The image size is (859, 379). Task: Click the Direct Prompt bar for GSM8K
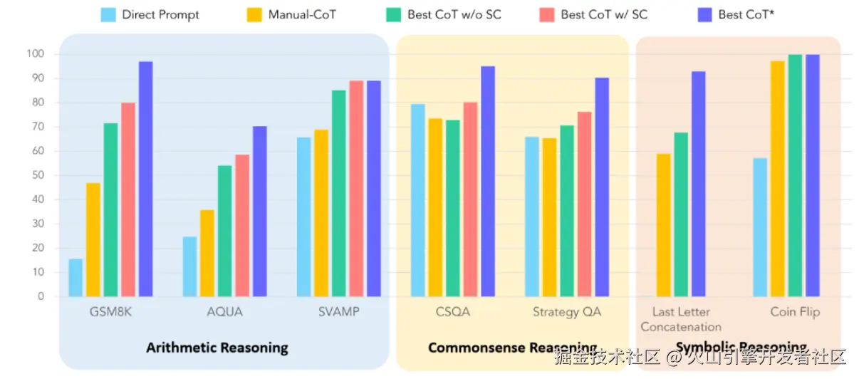tap(76, 277)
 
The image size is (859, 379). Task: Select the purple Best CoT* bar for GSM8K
tap(145, 179)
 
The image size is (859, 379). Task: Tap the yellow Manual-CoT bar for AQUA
tap(207, 253)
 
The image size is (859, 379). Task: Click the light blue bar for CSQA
tap(418, 200)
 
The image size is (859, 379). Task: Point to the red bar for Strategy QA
tap(584, 204)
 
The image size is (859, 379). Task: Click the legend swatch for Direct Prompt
tap(109, 14)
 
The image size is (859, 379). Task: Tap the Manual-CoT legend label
tap(302, 14)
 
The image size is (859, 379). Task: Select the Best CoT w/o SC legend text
tap(454, 14)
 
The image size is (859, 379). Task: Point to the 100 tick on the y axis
tap(35, 54)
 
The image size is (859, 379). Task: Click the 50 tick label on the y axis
tap(36, 175)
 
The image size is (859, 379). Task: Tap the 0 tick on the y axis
tap(41, 296)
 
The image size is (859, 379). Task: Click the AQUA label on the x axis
tap(224, 312)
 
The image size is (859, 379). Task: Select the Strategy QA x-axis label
tap(567, 312)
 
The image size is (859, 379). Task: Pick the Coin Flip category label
tap(795, 312)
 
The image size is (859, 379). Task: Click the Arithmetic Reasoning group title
tap(217, 348)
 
